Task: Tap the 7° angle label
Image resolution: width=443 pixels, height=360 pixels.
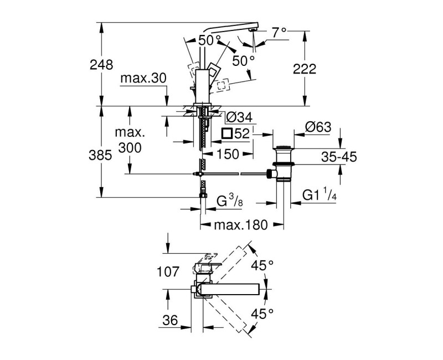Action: pyautogui.click(x=279, y=33)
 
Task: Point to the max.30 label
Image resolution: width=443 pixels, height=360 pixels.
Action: pyautogui.click(x=143, y=78)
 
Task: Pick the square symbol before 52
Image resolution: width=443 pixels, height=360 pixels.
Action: pyautogui.click(x=225, y=133)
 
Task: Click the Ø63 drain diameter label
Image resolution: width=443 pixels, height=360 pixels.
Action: pyautogui.click(x=318, y=127)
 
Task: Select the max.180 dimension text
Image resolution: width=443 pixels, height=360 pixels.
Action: pyautogui.click(x=241, y=225)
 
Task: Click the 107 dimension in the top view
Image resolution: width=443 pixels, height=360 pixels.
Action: pyautogui.click(x=168, y=272)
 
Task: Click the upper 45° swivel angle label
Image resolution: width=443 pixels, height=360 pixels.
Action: pyautogui.click(x=262, y=266)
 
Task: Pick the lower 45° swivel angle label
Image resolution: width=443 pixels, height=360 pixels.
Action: pyautogui.click(x=262, y=314)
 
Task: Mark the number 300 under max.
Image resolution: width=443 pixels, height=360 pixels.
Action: pyautogui.click(x=129, y=148)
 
